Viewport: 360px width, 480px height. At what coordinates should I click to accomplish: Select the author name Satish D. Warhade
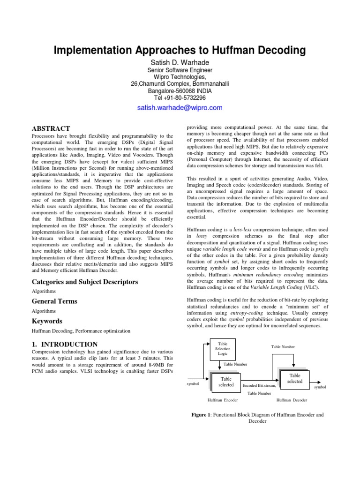click(x=180, y=62)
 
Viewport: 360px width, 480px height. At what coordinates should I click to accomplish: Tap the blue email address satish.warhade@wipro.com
click(x=180, y=108)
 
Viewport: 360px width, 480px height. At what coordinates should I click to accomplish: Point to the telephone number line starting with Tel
click(x=180, y=97)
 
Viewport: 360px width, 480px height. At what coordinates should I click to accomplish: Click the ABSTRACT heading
click(x=51, y=128)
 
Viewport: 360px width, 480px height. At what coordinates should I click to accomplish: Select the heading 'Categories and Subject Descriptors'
click(x=84, y=282)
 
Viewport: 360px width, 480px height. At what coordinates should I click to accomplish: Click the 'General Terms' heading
click(x=54, y=301)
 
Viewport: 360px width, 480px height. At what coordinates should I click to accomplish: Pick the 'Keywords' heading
click(x=47, y=321)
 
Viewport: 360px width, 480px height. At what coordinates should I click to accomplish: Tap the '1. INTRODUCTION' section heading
click(x=65, y=344)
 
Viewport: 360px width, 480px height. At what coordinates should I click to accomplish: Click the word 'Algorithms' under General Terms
click(x=44, y=311)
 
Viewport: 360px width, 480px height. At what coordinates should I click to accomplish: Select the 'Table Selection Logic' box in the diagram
click(x=222, y=349)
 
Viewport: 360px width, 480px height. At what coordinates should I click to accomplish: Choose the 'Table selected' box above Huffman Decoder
click(x=294, y=378)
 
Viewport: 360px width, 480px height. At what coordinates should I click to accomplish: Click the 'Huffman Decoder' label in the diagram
click(x=292, y=400)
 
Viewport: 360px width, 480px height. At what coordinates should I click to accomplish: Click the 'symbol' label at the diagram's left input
click(x=193, y=384)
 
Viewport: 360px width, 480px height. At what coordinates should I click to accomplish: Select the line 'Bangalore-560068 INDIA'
click(x=180, y=91)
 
